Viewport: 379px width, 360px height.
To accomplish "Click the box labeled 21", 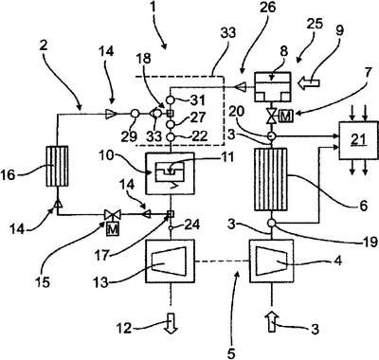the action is point(358,140).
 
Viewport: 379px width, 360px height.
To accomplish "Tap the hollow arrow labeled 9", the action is point(310,82).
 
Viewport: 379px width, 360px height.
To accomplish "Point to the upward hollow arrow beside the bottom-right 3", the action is point(271,321).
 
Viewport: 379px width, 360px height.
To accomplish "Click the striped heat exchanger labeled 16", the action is point(57,166).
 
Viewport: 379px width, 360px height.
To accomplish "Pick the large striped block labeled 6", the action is point(271,179).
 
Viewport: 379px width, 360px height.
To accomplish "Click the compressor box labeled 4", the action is point(271,261).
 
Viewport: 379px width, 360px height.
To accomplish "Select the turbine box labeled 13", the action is point(171,261).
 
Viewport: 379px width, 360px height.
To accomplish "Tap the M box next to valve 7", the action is point(286,117).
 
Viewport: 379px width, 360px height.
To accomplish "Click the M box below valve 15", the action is point(113,228).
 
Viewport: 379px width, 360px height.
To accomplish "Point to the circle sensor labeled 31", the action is point(171,99).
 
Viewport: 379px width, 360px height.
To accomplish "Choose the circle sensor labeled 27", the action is point(171,123).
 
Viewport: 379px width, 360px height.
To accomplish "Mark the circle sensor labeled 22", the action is point(171,137).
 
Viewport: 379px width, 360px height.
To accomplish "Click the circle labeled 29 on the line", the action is point(134,114).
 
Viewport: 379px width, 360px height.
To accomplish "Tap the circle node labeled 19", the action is point(271,223).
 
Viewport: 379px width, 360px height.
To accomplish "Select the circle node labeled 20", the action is point(271,136).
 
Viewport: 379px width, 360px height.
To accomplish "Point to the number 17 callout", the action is point(101,255).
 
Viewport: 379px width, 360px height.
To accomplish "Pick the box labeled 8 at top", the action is point(273,87).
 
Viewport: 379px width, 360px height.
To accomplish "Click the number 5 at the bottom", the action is point(231,353).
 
